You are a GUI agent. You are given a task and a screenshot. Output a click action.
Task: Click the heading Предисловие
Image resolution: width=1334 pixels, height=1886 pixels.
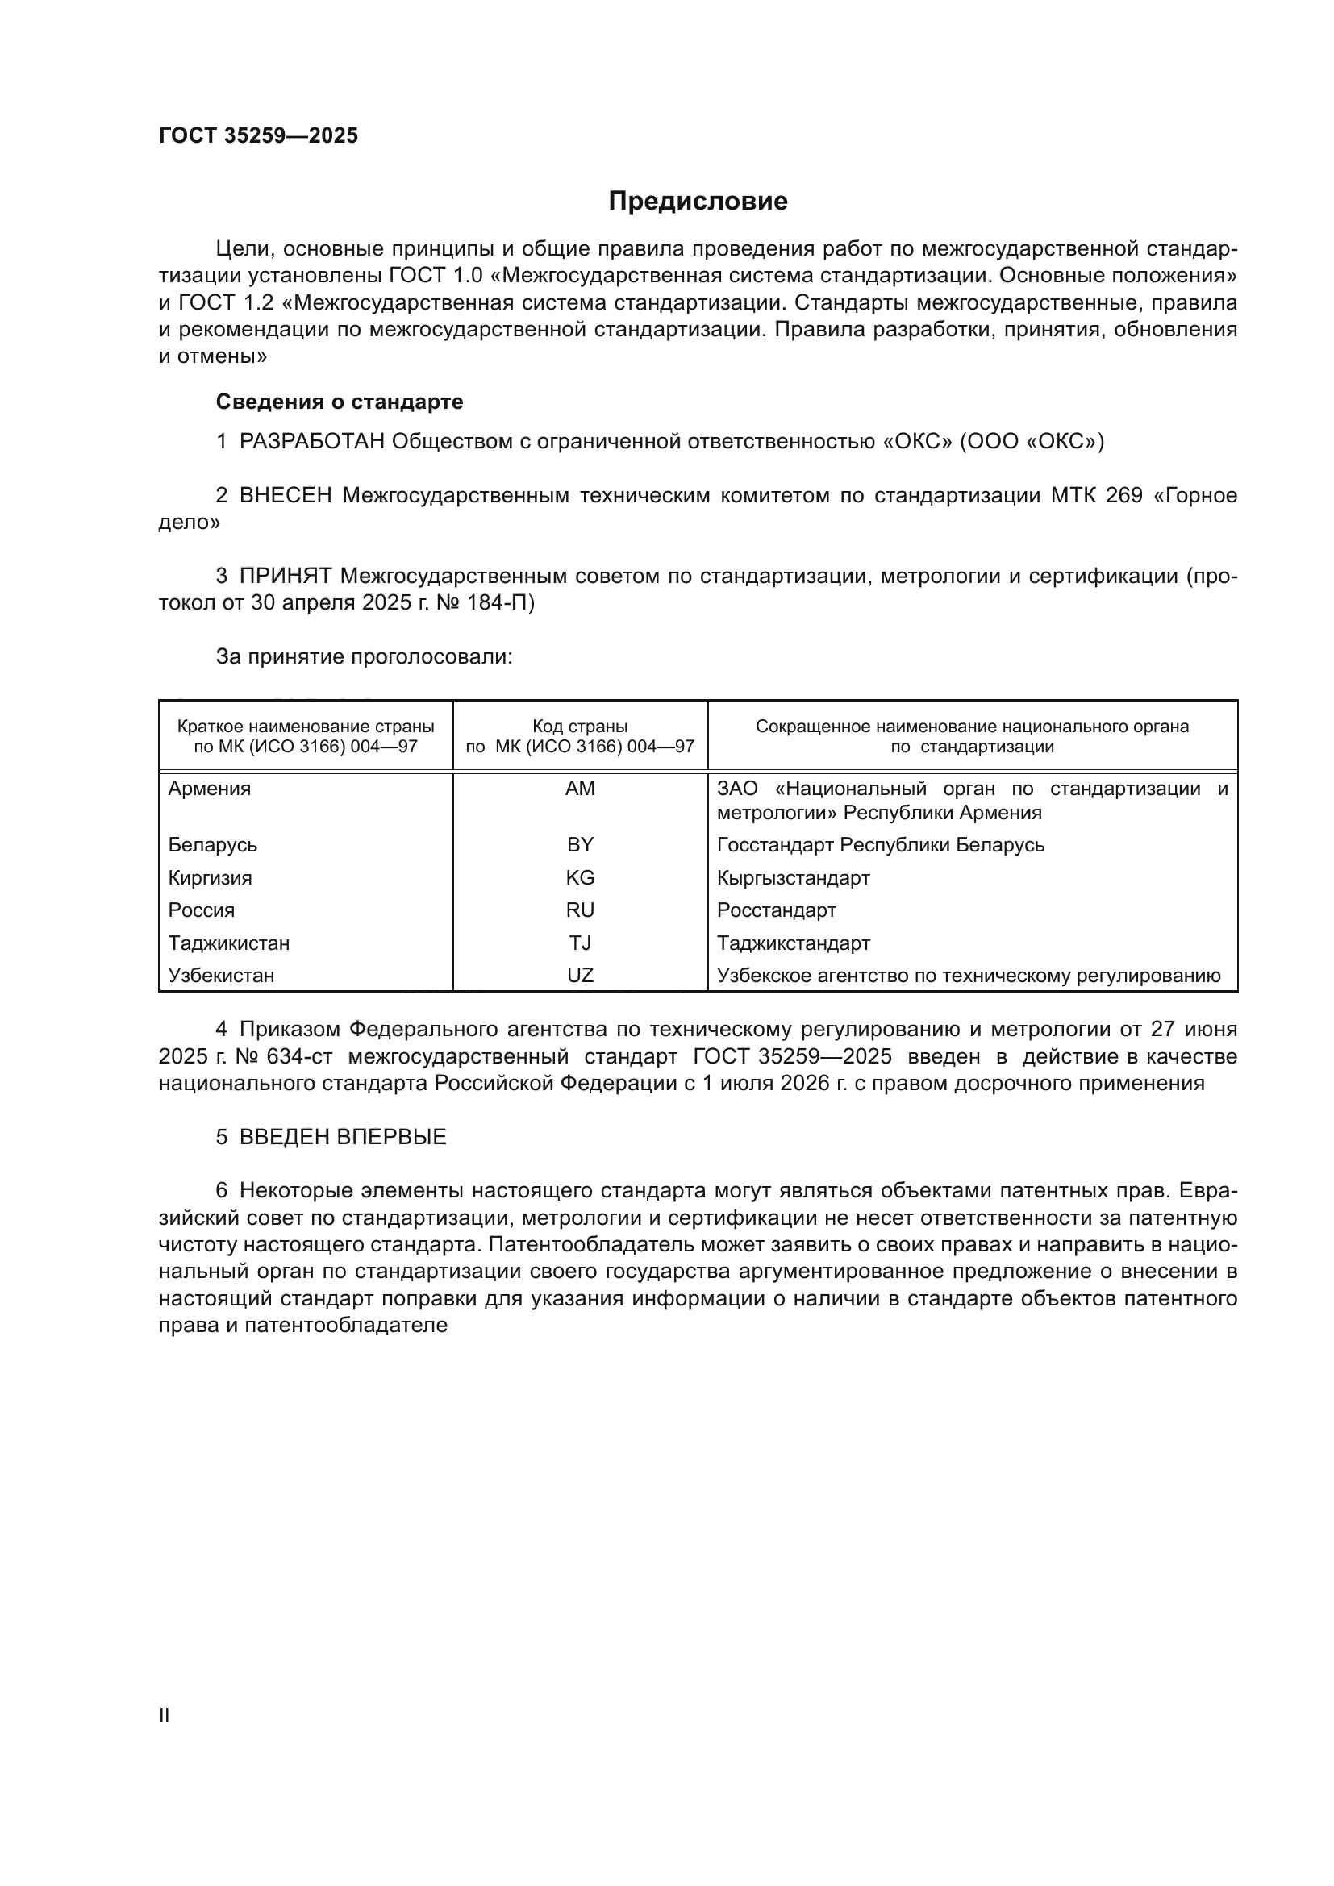pos(698,202)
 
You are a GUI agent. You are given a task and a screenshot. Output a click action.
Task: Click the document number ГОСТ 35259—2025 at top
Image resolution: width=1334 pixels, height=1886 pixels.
pos(258,135)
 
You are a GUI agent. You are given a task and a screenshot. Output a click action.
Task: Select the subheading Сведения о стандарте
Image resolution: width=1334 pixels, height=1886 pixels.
pos(340,402)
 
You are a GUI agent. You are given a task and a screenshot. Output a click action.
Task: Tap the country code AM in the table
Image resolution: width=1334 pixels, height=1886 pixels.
pos(580,789)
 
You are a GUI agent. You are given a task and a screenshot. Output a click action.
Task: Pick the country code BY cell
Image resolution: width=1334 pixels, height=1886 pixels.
pos(580,844)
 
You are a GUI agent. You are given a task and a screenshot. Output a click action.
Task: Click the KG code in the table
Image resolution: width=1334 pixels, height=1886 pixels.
pos(580,877)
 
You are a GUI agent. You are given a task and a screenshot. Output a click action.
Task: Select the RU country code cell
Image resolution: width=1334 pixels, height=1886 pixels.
pos(580,910)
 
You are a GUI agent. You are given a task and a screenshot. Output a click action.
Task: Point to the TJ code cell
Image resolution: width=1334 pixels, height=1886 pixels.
pos(580,943)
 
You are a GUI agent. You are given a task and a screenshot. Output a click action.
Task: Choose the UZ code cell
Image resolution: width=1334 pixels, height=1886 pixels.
pos(580,975)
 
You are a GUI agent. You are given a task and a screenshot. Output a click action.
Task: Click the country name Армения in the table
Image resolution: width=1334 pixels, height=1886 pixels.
pos(210,789)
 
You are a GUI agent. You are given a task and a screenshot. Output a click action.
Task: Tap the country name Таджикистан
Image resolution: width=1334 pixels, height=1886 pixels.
pos(228,943)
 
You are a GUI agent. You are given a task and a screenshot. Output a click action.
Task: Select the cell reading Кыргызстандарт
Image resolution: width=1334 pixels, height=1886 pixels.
pos(793,877)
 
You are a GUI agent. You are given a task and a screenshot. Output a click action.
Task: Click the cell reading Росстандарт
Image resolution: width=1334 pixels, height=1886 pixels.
pos(776,910)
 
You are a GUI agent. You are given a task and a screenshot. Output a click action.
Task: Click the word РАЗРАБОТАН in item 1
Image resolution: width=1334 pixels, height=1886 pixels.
pos(311,442)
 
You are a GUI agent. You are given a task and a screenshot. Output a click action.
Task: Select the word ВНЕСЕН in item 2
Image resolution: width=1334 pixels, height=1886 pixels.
pos(285,495)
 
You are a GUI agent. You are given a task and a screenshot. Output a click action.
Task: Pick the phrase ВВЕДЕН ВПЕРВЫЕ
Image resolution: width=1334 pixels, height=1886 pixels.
pos(343,1137)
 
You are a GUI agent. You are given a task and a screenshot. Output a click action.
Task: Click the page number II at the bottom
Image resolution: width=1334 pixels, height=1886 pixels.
pos(165,1715)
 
